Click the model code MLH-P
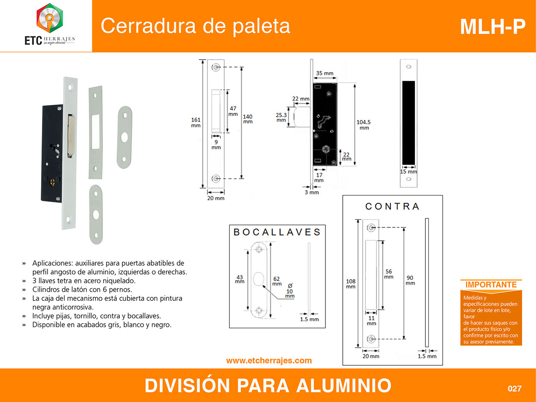pyautogui.click(x=492, y=27)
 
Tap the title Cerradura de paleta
pyautogui.click(x=195, y=26)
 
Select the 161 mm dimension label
pyautogui.click(x=196, y=122)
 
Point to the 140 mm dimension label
pyautogui.click(x=248, y=119)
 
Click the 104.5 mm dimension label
pyautogui.click(x=364, y=125)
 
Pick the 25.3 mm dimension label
pyautogui.click(x=281, y=118)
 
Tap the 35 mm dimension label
pyautogui.click(x=325, y=73)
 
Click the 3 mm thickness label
pyautogui.click(x=312, y=192)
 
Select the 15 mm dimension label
pyautogui.click(x=408, y=172)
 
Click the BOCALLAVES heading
pyautogui.click(x=277, y=232)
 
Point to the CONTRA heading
pyautogui.click(x=392, y=207)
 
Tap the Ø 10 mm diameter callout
pyautogui.click(x=290, y=291)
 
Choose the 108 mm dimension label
pyautogui.click(x=351, y=284)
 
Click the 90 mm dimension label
pyautogui.click(x=410, y=281)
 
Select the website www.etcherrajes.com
pyautogui.click(x=269, y=361)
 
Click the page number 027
pyautogui.click(x=514, y=389)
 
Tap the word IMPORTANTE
pyautogui.click(x=491, y=284)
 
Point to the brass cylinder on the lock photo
pyautogui.click(x=52, y=182)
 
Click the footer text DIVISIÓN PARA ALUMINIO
pyautogui.click(x=268, y=386)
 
